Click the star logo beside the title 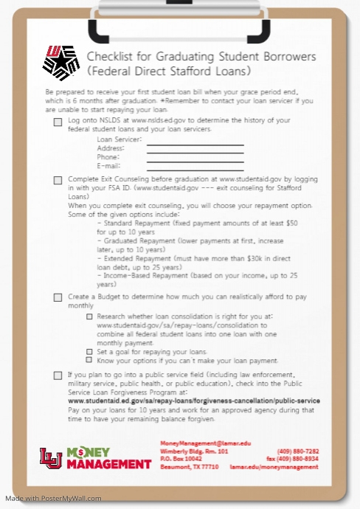click(x=60, y=62)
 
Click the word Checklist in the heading click(x=110, y=57)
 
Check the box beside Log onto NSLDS click(x=58, y=122)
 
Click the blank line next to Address click(x=195, y=153)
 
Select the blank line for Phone click(x=195, y=162)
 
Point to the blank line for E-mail click(x=195, y=170)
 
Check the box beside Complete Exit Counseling click(x=58, y=180)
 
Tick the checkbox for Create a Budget click(x=58, y=297)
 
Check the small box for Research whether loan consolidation click(x=89, y=316)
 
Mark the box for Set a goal click(x=89, y=352)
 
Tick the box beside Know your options click(x=89, y=361)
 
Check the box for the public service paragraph click(x=58, y=375)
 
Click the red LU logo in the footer click(x=51, y=458)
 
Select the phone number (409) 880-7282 click(x=298, y=451)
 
